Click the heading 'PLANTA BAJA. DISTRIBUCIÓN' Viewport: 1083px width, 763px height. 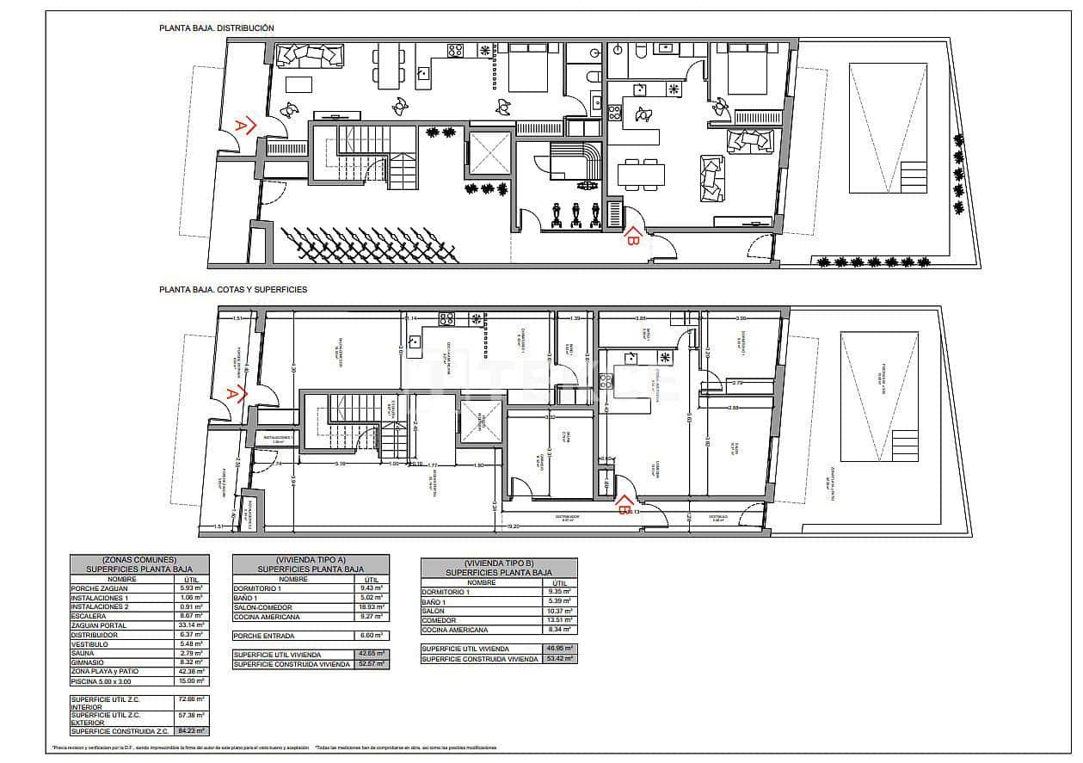click(x=216, y=28)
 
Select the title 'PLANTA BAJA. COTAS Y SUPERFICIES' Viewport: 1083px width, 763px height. click(x=232, y=290)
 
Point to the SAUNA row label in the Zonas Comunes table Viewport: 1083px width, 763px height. click(x=83, y=653)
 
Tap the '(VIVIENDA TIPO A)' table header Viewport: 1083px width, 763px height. click(x=310, y=559)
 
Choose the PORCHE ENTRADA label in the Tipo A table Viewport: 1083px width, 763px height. click(x=264, y=636)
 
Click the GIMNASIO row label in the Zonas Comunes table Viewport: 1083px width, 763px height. click(x=88, y=662)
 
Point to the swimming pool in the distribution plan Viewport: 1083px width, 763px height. click(x=887, y=127)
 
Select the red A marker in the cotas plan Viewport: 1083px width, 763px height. click(x=234, y=394)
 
